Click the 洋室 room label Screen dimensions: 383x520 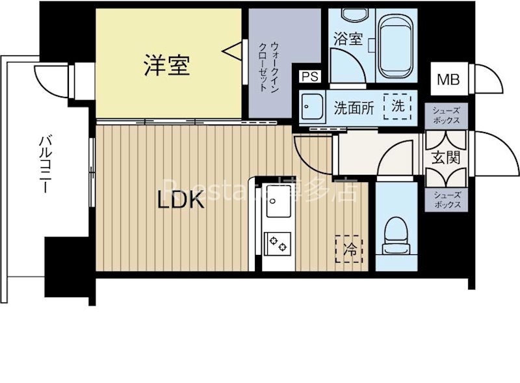click(166, 65)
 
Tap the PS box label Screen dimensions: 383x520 click(309, 77)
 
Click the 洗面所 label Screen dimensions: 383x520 click(354, 107)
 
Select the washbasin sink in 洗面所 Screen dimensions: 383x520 click(314, 106)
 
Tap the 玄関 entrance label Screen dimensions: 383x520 click(445, 158)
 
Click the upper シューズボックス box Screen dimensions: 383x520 click(445, 116)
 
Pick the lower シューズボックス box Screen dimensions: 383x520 click(445, 199)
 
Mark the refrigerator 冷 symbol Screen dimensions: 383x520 click(350, 248)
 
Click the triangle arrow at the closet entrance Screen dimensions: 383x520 click(231, 49)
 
